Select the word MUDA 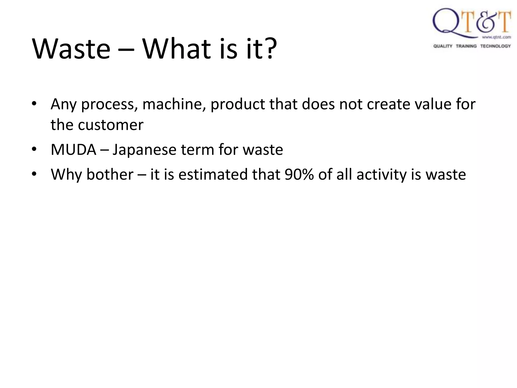[73, 150]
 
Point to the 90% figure [299, 175]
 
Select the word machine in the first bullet [174, 104]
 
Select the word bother [110, 175]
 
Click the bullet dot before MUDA [34, 149]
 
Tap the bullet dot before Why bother [34, 174]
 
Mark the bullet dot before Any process [34, 104]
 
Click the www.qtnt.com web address [496, 37]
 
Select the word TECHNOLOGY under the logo [495, 46]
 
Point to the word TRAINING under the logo [466, 46]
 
